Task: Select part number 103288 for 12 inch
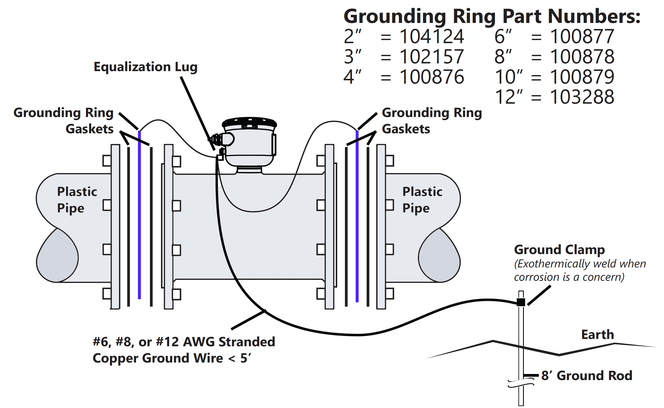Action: coord(582,97)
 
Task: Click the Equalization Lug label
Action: coord(145,67)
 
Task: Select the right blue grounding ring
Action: coord(357,216)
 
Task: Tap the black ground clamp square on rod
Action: coord(521,302)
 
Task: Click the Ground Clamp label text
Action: coord(559,250)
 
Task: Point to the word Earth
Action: coord(597,335)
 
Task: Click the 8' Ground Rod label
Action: coord(587,376)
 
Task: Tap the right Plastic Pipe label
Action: coord(422,200)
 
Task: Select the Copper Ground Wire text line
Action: coord(172,358)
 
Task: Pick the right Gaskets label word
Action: coord(406,129)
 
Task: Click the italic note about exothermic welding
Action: coord(580,270)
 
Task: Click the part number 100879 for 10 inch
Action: coord(582,77)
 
